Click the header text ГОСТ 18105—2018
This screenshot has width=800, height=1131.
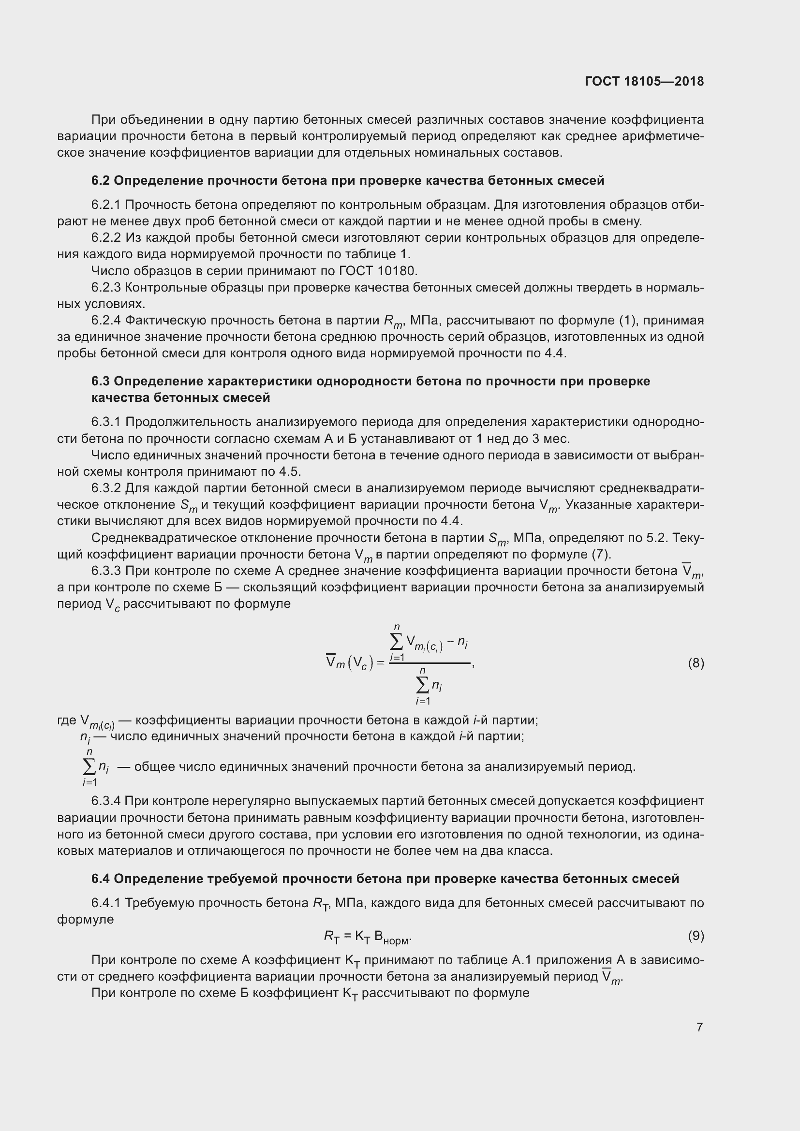644,82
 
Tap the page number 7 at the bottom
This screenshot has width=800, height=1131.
699,1027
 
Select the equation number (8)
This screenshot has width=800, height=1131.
696,663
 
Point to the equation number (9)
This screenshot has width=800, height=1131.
696,936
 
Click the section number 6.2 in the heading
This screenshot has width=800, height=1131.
101,181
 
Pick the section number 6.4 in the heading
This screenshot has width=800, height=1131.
101,879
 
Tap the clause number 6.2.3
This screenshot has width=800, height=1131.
106,288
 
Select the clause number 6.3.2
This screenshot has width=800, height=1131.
106,488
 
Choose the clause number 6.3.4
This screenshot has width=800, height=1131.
106,801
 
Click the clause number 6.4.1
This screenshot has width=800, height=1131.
106,903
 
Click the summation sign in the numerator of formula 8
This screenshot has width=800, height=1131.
397,641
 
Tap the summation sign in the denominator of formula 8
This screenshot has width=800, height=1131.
423,685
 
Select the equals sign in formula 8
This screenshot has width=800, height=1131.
380,664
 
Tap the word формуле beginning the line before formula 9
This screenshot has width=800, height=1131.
85,920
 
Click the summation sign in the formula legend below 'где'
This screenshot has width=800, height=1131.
89,767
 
